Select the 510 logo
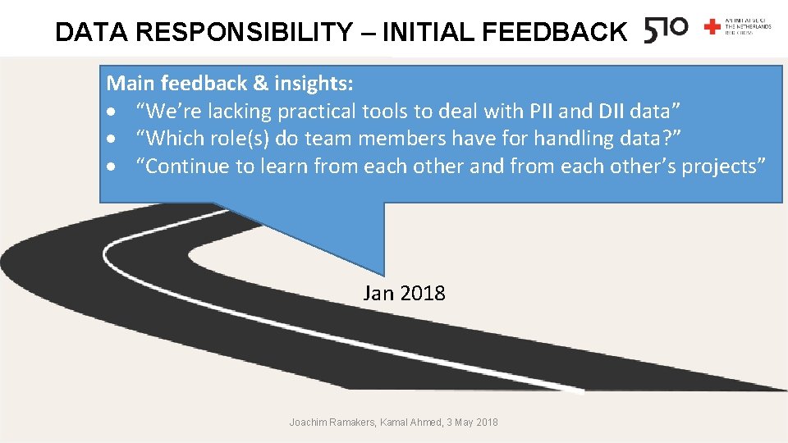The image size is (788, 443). point(666,30)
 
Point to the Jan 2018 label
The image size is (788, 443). point(404,293)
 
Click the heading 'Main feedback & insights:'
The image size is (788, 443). point(231,83)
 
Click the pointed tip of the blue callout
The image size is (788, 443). point(383,274)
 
